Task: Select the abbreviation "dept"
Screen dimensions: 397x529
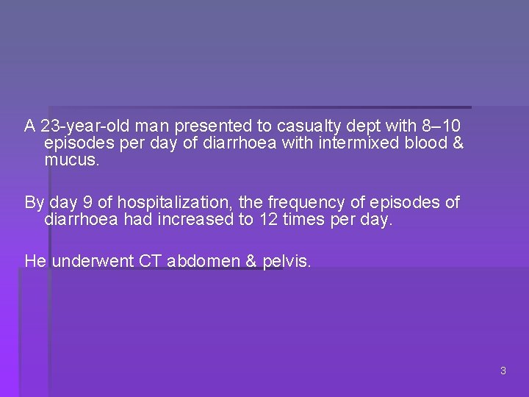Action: pyautogui.click(x=361, y=126)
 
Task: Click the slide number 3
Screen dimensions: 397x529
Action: pyautogui.click(x=503, y=371)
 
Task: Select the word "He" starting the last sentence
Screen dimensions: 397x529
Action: pyautogui.click(x=35, y=261)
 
